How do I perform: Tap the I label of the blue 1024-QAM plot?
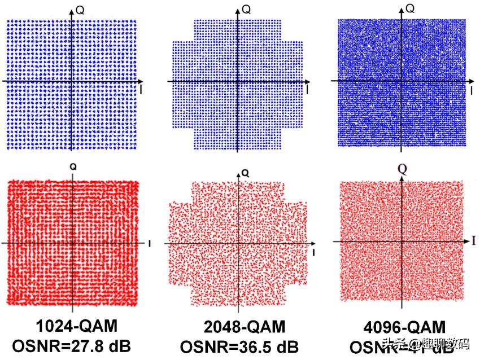pyautogui.click(x=141, y=90)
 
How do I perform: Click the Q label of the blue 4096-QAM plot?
pyautogui.click(x=411, y=8)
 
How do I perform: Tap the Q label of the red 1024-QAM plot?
pyautogui.click(x=73, y=168)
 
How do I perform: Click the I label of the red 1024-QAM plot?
pyautogui.click(x=149, y=244)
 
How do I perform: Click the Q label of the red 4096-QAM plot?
pyautogui.click(x=403, y=169)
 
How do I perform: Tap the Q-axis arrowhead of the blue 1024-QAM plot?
pyautogui.click(x=72, y=8)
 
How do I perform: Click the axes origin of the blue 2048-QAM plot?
pyautogui.click(x=237, y=82)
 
